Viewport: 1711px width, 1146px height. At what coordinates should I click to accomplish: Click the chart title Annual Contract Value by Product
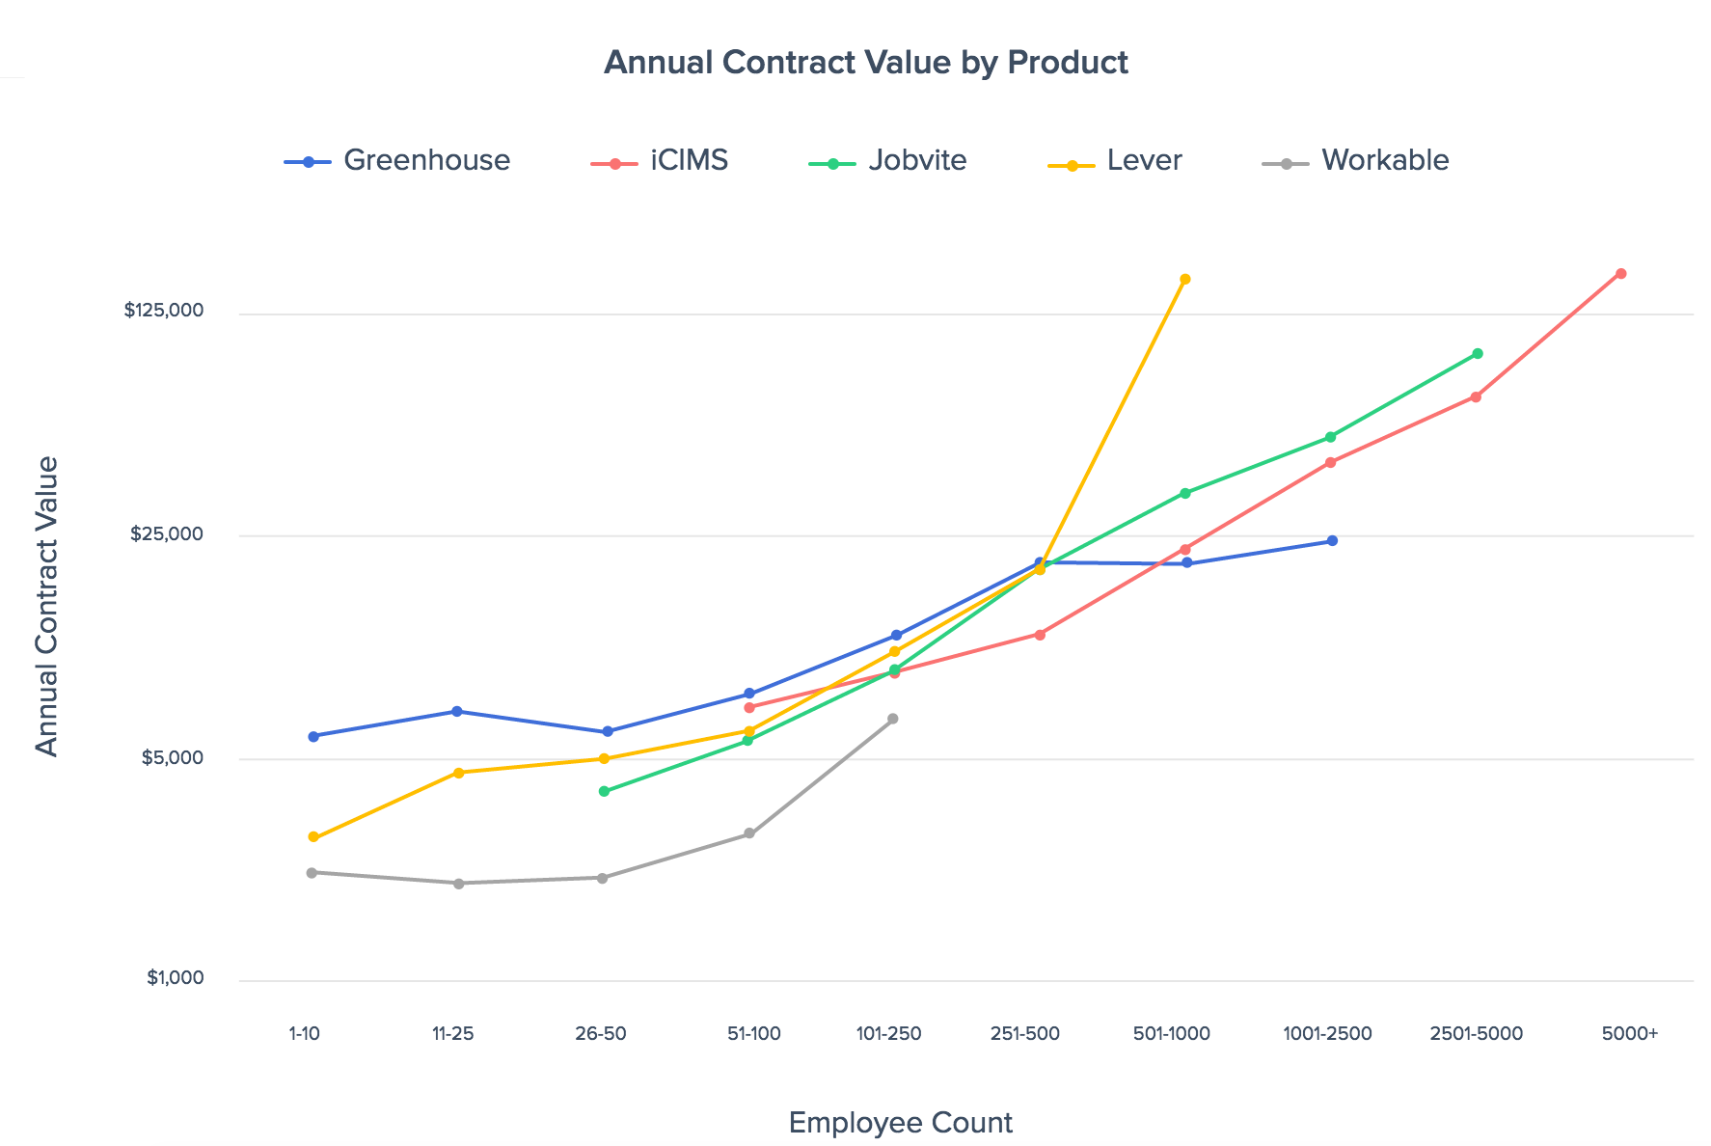pyautogui.click(x=865, y=63)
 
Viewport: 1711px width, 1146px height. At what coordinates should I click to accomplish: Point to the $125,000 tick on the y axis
pyautogui.click(x=164, y=311)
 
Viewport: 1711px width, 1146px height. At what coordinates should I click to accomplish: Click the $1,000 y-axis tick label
pyautogui.click(x=176, y=978)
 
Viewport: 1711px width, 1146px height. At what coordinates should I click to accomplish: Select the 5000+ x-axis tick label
pyautogui.click(x=1629, y=1034)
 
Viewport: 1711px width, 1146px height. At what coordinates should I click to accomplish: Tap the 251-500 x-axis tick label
pyautogui.click(x=1025, y=1034)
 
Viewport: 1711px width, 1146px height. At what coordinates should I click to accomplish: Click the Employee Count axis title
pyautogui.click(x=900, y=1123)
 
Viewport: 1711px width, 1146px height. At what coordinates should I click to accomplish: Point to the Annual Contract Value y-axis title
pyautogui.click(x=47, y=606)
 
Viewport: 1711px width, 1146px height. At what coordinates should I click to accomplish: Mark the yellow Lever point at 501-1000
pyautogui.click(x=1185, y=280)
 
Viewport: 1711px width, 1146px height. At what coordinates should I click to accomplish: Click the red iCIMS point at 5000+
pyautogui.click(x=1621, y=274)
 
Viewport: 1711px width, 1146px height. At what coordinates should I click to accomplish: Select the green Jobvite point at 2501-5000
pyautogui.click(x=1478, y=354)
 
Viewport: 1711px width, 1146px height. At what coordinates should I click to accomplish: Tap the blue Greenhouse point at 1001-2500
pyautogui.click(x=1333, y=541)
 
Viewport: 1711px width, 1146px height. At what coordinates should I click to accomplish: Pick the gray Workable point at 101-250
pyautogui.click(x=893, y=719)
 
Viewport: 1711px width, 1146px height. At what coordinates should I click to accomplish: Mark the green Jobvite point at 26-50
pyautogui.click(x=604, y=792)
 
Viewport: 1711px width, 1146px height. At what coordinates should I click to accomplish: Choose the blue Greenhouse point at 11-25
pyautogui.click(x=457, y=712)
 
